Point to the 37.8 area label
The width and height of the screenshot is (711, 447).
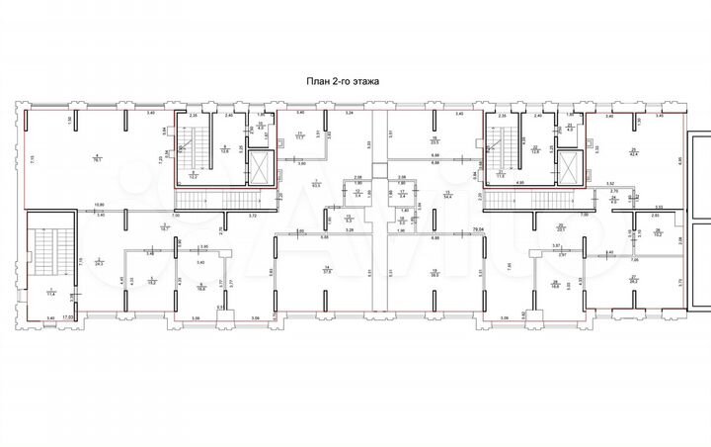[x=325, y=270]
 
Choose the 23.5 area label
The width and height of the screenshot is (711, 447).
[x=434, y=141]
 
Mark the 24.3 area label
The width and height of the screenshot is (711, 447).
[x=99, y=264]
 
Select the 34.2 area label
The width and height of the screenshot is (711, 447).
[x=632, y=280]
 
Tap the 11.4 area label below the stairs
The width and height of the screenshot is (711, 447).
[x=50, y=293]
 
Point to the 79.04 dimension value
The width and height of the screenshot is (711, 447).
[x=479, y=230]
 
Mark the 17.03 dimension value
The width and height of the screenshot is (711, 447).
[x=67, y=317]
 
